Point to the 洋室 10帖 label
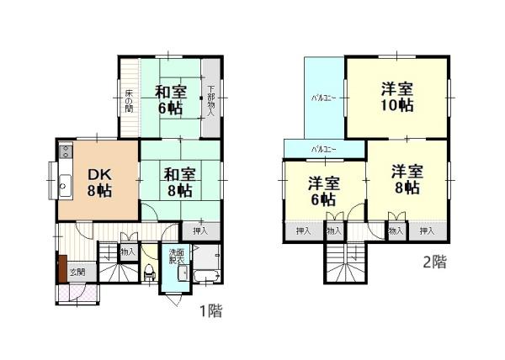point(396,96)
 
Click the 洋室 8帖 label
point(407,179)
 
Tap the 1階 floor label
point(210,313)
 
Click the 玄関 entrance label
point(77,272)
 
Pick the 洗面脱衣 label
point(177,257)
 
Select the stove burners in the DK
point(64,152)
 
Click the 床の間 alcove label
point(129,100)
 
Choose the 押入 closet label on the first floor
point(199,230)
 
